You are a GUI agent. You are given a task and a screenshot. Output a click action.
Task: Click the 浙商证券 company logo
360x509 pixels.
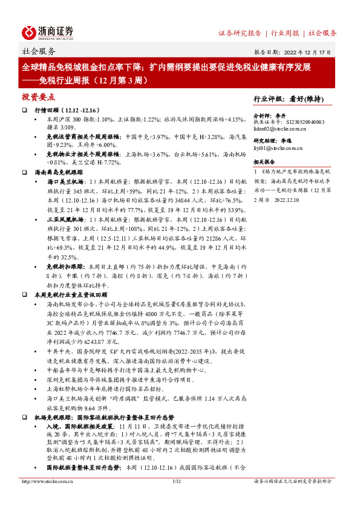point(48,32)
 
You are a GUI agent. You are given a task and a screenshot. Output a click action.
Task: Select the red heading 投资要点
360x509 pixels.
point(39,97)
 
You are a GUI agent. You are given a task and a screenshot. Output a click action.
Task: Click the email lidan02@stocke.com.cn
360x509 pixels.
point(280,129)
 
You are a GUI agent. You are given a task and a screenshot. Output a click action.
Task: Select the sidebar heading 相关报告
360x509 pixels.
point(263,162)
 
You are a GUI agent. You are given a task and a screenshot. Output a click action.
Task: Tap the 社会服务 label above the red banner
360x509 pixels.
point(39,51)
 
